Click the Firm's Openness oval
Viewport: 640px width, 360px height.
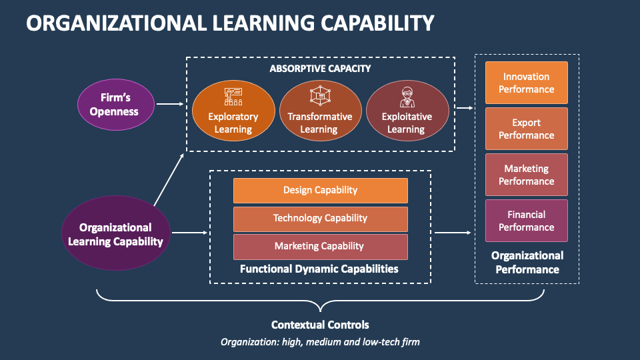(x=115, y=104)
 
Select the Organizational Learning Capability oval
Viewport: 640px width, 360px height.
(x=115, y=234)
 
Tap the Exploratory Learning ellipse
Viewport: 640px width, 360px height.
(x=233, y=110)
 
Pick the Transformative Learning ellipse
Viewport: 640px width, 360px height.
(x=319, y=110)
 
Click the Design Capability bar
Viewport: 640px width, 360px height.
(x=320, y=190)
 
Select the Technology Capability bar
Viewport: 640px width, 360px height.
(x=320, y=218)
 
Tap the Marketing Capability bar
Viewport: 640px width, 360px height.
(x=320, y=246)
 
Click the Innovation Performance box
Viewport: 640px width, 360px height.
(x=526, y=83)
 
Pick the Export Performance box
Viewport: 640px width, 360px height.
(x=526, y=129)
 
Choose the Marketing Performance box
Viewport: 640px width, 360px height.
(x=526, y=175)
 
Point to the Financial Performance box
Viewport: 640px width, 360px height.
(x=526, y=221)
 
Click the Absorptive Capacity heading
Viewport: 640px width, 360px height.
(x=320, y=68)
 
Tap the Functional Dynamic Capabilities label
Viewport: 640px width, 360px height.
(x=319, y=269)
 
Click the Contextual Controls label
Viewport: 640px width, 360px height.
(x=320, y=325)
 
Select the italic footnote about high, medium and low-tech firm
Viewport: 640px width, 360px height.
(x=320, y=342)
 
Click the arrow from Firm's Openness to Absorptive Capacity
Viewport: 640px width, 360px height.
(x=170, y=104)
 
